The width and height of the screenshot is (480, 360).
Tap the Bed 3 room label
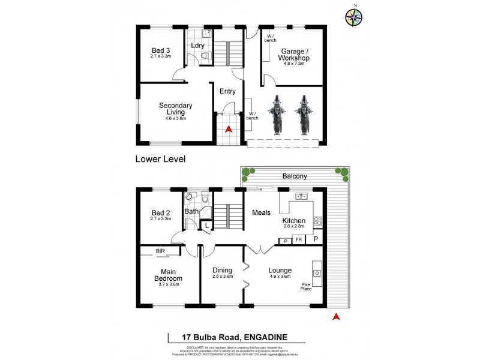point(161,50)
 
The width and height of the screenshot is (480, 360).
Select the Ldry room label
point(197,46)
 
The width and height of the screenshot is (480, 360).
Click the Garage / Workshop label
point(295,55)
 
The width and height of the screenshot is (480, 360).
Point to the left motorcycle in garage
point(277,115)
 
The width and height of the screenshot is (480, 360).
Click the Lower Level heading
point(160,159)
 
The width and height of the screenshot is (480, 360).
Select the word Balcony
point(295,176)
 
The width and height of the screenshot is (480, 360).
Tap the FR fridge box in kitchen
point(298,239)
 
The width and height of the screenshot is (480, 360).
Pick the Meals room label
point(261,212)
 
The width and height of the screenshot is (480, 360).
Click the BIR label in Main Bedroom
point(160,251)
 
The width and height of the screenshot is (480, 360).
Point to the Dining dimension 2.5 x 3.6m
point(223,277)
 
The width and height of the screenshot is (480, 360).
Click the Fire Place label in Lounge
point(307,287)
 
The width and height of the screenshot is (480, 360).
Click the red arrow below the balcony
point(337,316)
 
